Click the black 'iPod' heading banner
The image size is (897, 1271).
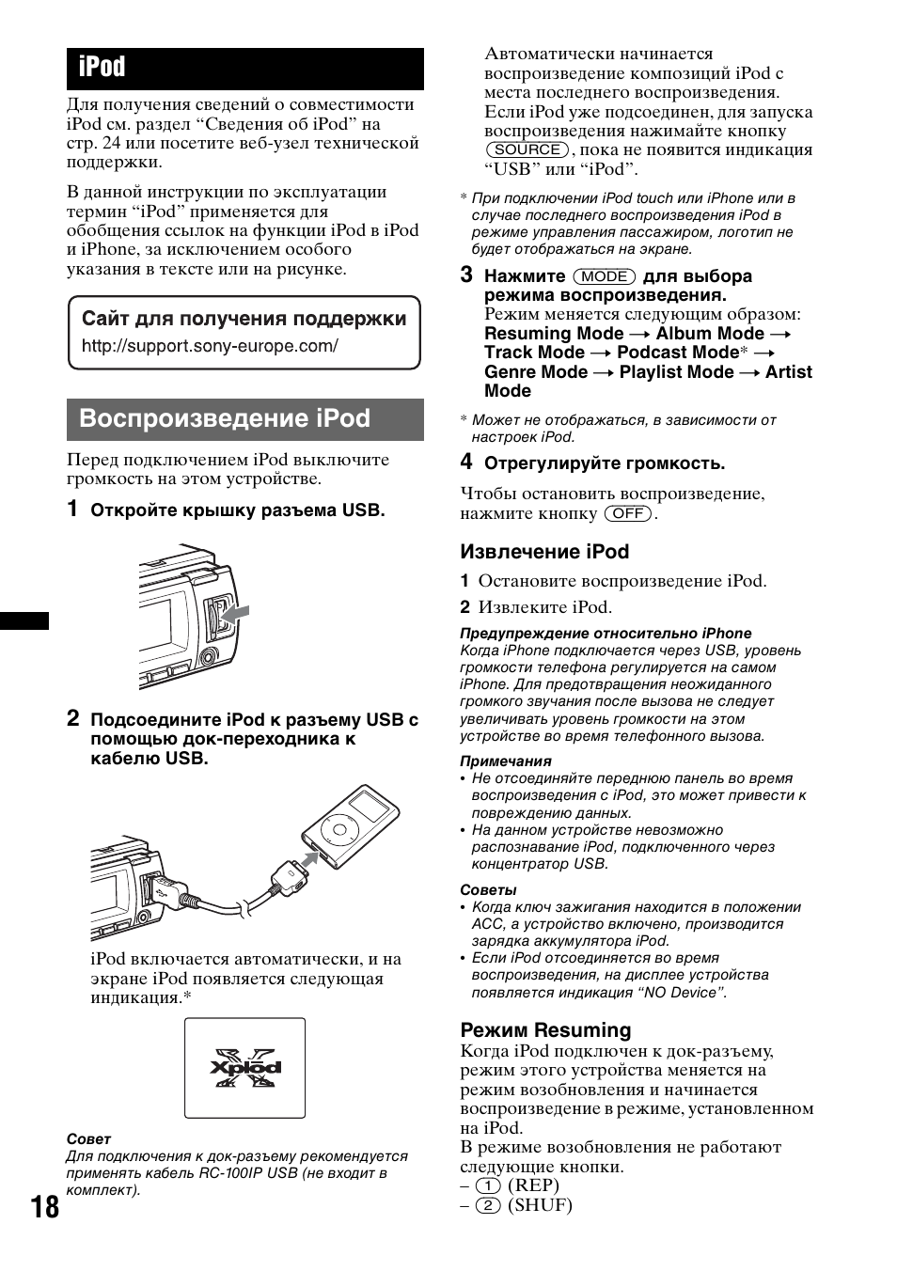(x=244, y=69)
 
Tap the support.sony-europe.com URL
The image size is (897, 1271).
(x=210, y=346)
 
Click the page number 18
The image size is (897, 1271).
(x=43, y=1206)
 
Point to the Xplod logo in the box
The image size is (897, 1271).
(x=244, y=1067)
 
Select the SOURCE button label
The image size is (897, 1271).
(x=527, y=149)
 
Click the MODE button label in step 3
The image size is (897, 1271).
(x=605, y=276)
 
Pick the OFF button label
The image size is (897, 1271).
(x=628, y=513)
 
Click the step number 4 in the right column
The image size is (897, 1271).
(x=466, y=462)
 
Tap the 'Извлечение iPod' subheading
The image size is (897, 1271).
(x=544, y=552)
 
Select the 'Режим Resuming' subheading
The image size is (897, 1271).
(x=545, y=1029)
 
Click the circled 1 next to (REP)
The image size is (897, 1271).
(x=486, y=1185)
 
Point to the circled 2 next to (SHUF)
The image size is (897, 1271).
(x=486, y=1205)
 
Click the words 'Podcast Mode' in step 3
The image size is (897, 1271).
(x=677, y=353)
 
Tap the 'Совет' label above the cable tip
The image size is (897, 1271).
(x=88, y=1138)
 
